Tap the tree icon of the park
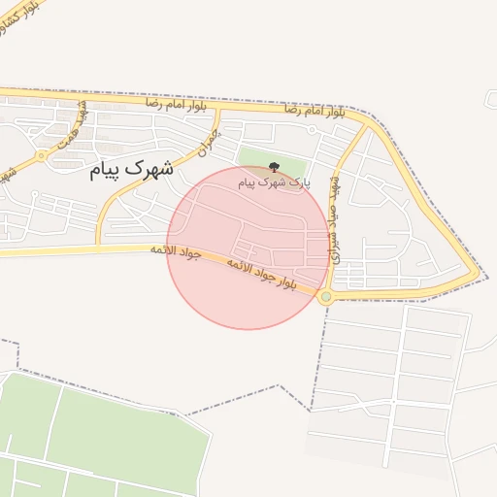tap(273, 168)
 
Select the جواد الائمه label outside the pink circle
tap(175, 252)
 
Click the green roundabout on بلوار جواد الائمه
tap(326, 297)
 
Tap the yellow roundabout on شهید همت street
tap(41, 155)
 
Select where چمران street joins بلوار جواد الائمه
tap(97, 249)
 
